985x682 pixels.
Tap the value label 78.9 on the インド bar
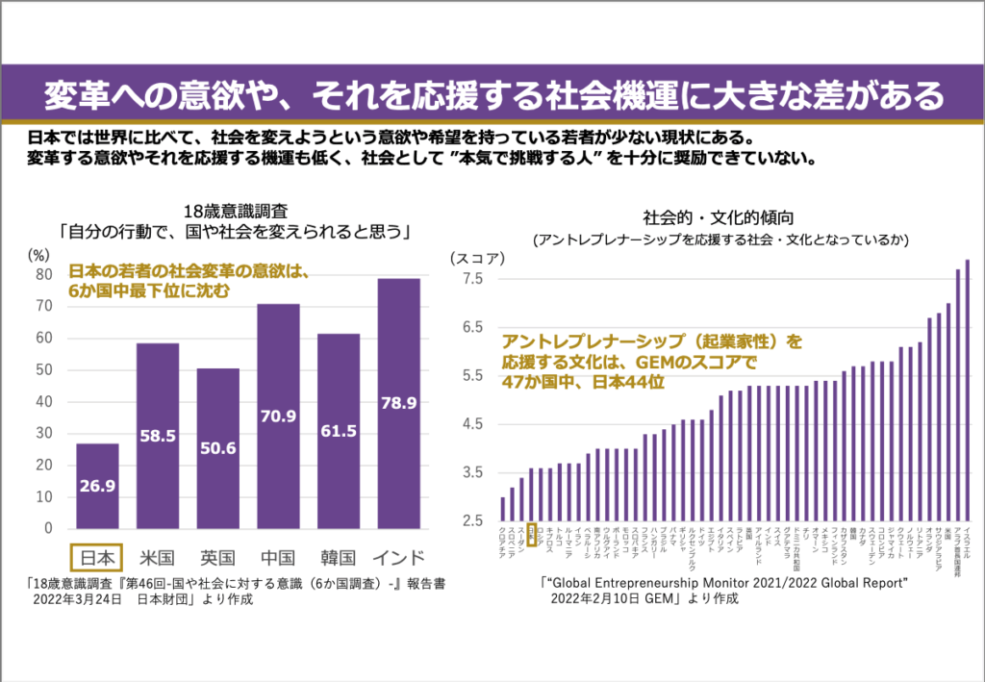pos(398,404)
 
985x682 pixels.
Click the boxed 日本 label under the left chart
pos(97,558)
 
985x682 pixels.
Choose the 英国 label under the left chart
pos(218,558)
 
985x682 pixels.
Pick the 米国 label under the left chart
pos(158,558)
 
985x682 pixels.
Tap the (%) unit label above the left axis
pos(39,255)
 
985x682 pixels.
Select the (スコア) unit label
pos(474,258)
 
